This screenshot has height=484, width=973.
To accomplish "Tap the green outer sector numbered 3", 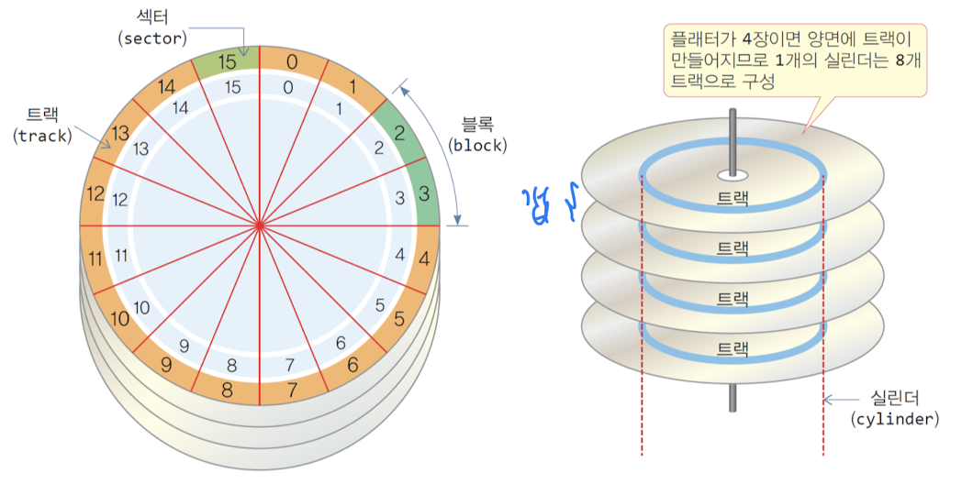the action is [425, 193].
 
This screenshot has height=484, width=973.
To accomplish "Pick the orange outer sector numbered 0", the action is [292, 62].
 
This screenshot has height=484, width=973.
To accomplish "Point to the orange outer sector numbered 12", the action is [95, 194].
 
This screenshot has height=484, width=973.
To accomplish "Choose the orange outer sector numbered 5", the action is [398, 320].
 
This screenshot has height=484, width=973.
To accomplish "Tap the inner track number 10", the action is [141, 308].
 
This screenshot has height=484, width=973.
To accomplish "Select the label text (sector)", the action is [153, 38].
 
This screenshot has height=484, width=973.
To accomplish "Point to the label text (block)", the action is [477, 145].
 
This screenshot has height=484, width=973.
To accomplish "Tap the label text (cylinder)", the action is [895, 418].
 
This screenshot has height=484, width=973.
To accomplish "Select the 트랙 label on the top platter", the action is [732, 197].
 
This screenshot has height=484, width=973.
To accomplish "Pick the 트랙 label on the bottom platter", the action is [732, 347].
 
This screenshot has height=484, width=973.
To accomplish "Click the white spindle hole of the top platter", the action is [732, 172].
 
